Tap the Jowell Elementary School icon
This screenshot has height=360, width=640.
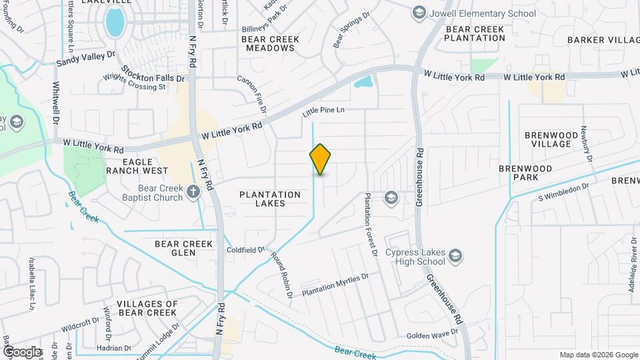[x=419, y=13]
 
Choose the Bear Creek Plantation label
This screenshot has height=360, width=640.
[x=475, y=34]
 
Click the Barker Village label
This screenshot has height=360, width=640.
[x=603, y=40]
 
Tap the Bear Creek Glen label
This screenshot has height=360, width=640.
[x=184, y=248]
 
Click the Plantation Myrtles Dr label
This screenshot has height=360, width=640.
[x=335, y=285]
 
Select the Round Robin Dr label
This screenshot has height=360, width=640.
[x=281, y=274]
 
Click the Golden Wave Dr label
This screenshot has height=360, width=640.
[x=427, y=335]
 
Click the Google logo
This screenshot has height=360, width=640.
[x=22, y=351]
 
